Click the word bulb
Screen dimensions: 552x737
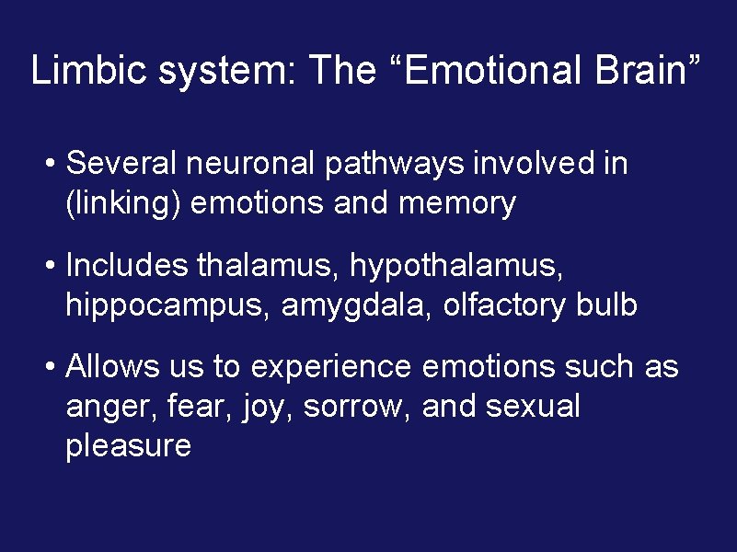point(606,305)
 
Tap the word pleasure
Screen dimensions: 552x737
point(128,446)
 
